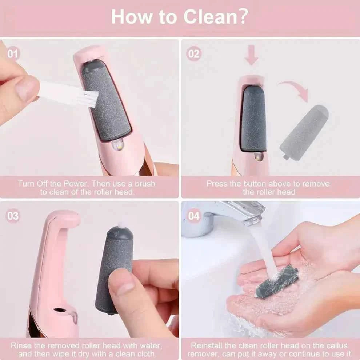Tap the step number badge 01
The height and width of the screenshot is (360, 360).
13,54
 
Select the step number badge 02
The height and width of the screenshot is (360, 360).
194,54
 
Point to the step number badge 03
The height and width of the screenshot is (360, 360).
13,216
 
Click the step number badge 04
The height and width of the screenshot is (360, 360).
194,216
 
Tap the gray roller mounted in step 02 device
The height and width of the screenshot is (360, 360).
253,118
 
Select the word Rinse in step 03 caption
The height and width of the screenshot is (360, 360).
21,345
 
